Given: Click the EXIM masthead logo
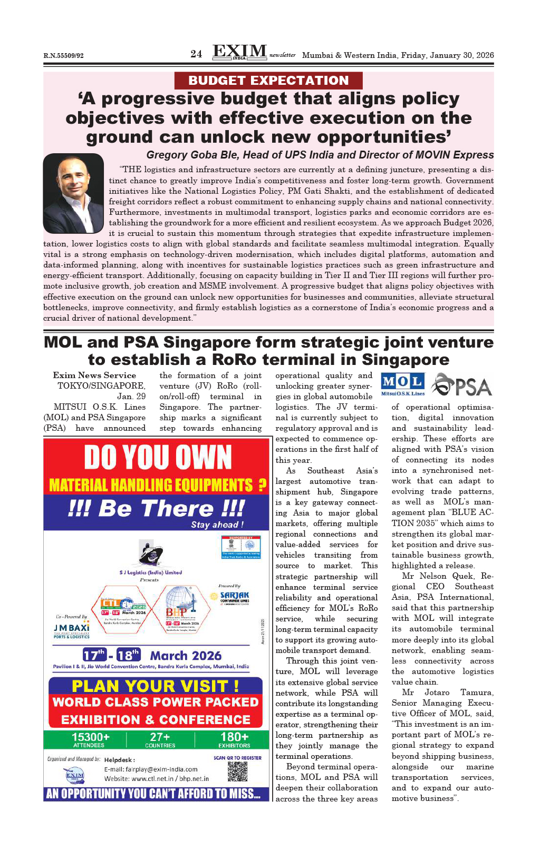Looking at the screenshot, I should click(x=239, y=52).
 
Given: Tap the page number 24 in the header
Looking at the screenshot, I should click(x=196, y=54).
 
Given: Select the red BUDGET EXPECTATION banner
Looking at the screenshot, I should click(x=268, y=81).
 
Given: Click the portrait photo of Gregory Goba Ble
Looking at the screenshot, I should click(x=73, y=193).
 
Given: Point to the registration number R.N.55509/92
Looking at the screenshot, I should click(x=63, y=56).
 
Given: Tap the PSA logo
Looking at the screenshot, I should click(x=462, y=385).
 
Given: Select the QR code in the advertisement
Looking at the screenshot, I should click(x=237, y=771).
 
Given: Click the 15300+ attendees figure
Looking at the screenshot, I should click(x=90, y=738).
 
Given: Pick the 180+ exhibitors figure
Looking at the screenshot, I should click(x=234, y=738).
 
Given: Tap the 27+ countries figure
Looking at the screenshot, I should click(x=160, y=738).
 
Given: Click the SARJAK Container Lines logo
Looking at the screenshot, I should click(x=234, y=597).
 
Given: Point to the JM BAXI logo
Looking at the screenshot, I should click(x=71, y=629).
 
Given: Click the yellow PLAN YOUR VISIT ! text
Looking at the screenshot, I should click(x=155, y=686).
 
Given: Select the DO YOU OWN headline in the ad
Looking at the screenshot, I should click(x=158, y=457).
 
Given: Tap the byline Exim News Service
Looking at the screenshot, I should click(x=94, y=375).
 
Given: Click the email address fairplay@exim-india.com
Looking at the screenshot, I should click(x=151, y=769).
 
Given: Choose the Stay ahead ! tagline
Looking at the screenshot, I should click(x=217, y=525).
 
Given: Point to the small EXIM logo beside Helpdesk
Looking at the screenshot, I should click(x=75, y=775).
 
